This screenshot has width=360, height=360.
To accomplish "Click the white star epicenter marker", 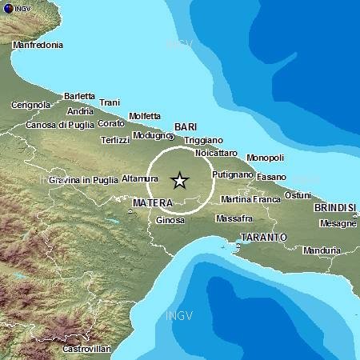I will click(179, 181).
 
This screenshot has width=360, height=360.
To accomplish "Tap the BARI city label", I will click(185, 126).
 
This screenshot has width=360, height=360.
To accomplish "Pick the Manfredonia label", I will click(38, 45).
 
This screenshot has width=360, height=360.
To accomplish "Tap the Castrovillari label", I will click(86, 349).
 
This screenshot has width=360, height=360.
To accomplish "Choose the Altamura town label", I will click(140, 178).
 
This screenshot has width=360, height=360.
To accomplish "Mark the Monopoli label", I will click(265, 158).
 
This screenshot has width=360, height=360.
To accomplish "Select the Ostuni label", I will click(298, 195).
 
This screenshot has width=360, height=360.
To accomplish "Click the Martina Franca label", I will click(250, 199).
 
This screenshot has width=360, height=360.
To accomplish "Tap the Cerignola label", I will click(32, 105).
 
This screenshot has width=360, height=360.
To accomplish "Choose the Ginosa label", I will click(170, 220).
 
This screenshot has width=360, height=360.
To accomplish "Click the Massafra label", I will click(234, 218).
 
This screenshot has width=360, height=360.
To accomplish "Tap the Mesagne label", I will click(337, 224).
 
